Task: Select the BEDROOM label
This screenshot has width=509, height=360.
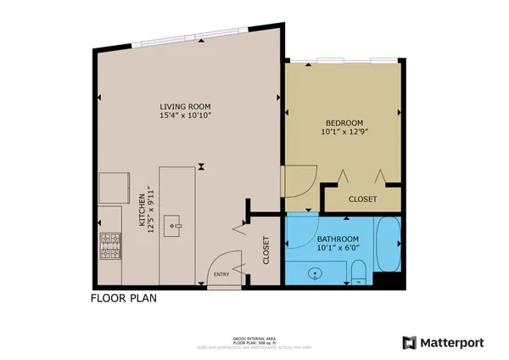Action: click(x=344, y=123)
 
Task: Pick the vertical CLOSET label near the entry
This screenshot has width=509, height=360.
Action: click(x=266, y=250)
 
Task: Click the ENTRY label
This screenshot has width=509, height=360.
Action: click(x=221, y=274)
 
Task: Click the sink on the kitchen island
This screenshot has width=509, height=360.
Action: click(x=176, y=224)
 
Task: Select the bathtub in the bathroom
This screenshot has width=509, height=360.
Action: click(x=389, y=246)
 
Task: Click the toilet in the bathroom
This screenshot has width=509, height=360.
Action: click(x=359, y=273)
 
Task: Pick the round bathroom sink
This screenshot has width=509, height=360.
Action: click(x=316, y=273)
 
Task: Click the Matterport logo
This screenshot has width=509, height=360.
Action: click(x=444, y=342)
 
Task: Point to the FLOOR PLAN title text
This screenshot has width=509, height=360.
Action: click(x=123, y=298)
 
